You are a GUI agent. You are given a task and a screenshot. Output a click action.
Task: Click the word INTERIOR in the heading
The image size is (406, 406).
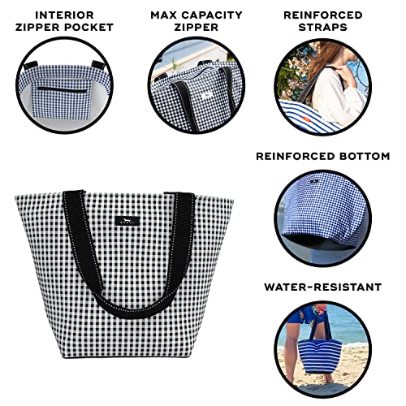[64, 15]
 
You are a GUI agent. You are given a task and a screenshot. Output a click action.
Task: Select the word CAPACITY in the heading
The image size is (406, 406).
[212, 15]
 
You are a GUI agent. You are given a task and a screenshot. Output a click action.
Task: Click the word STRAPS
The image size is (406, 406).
[323, 28]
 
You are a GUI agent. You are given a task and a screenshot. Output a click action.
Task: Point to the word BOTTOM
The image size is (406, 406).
[362, 156]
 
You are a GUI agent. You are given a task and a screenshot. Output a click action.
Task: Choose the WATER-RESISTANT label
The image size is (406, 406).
[323, 287]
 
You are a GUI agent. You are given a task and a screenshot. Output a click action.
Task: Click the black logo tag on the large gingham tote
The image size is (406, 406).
[127, 221]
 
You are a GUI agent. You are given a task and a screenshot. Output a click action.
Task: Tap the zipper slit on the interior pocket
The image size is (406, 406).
[63, 89]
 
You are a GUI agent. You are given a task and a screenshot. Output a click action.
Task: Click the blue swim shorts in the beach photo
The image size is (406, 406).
[302, 314]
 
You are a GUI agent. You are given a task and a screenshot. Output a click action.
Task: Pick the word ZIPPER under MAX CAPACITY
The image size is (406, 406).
[197, 28]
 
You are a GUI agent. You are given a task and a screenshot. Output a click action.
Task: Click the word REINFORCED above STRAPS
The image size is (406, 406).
[323, 15]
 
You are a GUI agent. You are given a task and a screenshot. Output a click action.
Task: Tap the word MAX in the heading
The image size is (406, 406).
[164, 15]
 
